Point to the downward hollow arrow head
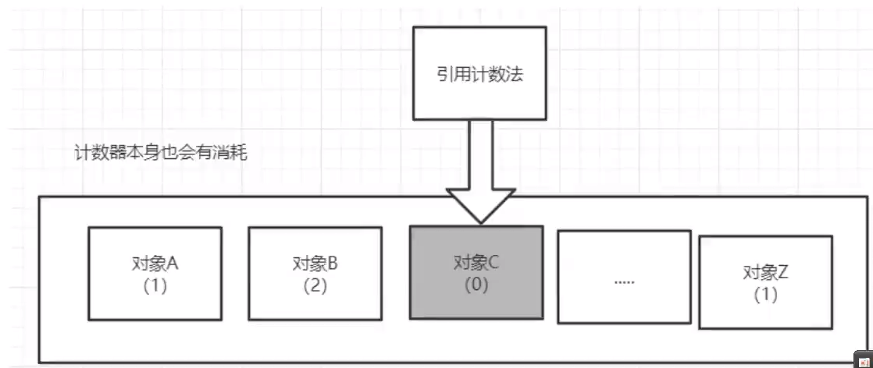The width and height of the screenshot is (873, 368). pos(479,204)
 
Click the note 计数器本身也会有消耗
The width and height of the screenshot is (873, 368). pos(160,153)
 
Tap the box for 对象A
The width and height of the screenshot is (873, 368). pos(155,274)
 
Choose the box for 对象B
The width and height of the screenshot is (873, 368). pos(315,274)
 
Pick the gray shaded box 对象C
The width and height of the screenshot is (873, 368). pos(476,273)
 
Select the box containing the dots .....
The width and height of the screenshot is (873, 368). pos(624,276)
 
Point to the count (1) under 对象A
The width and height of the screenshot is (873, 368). pos(155,285)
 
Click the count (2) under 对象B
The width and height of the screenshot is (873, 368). pos(315,285)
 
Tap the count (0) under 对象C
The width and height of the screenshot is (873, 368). pos(476,285)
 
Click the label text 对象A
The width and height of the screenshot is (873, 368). pos(155,264)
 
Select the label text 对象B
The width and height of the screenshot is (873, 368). pos(315,264)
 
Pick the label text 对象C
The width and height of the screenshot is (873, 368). pos(476,263)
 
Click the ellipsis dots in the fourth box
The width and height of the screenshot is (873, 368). pos(624,279)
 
